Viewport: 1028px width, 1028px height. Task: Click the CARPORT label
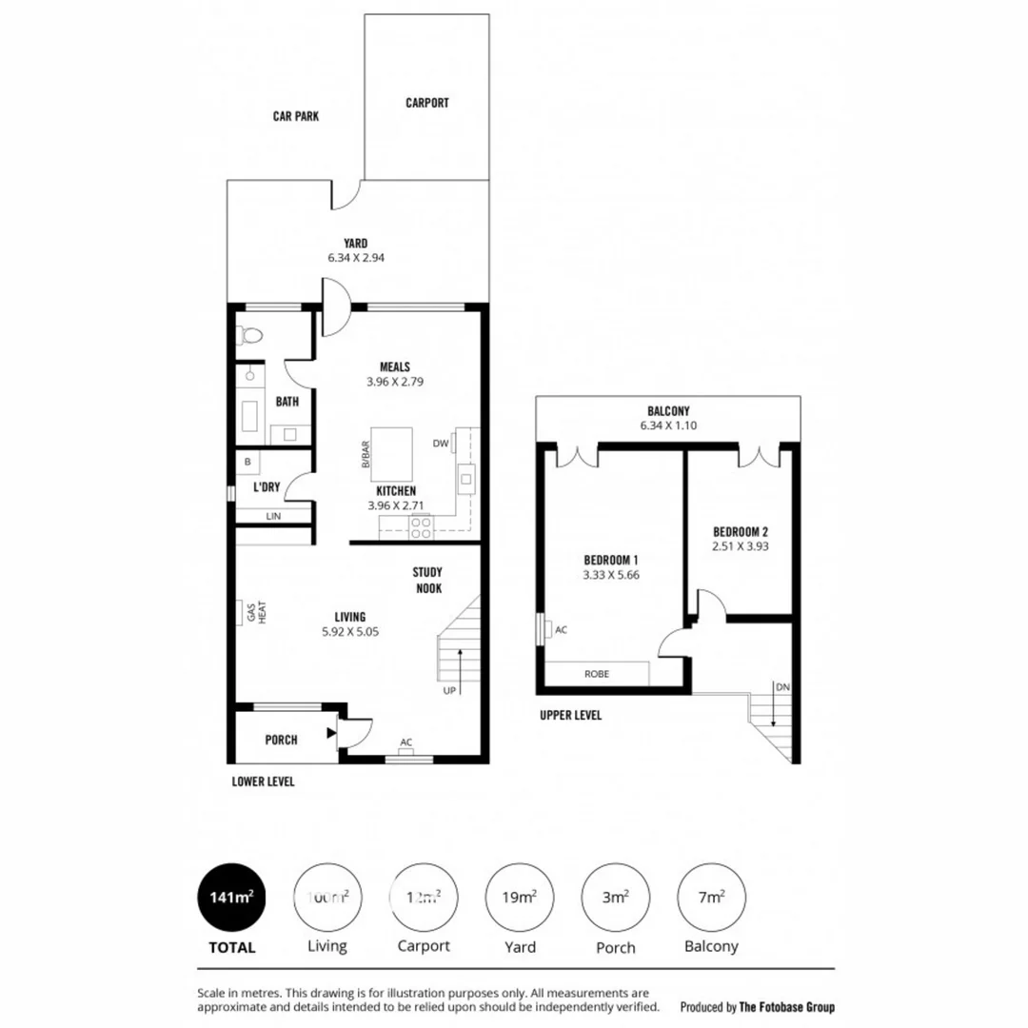[x=426, y=103]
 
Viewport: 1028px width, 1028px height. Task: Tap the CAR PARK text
[x=296, y=116]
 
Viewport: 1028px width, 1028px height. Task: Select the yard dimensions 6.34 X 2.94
[x=356, y=258]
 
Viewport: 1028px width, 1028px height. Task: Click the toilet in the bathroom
[x=251, y=335]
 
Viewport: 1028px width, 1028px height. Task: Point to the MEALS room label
[x=394, y=366]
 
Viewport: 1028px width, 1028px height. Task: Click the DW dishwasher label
[x=441, y=443]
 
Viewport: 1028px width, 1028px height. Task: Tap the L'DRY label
[x=267, y=486]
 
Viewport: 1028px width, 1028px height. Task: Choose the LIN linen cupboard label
[x=274, y=516]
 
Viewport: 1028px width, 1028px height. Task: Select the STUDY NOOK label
[x=427, y=580]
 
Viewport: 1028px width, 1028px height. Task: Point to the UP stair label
[x=449, y=690]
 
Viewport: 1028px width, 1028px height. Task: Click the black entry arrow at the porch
[x=330, y=733]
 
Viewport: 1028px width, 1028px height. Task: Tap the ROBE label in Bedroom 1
[x=598, y=674]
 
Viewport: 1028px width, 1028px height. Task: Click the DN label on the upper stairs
[x=781, y=686]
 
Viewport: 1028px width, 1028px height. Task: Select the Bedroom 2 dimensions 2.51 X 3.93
[x=740, y=547]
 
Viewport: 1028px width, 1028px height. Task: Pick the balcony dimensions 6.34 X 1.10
[x=668, y=425]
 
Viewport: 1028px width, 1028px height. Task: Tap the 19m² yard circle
[x=521, y=898]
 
